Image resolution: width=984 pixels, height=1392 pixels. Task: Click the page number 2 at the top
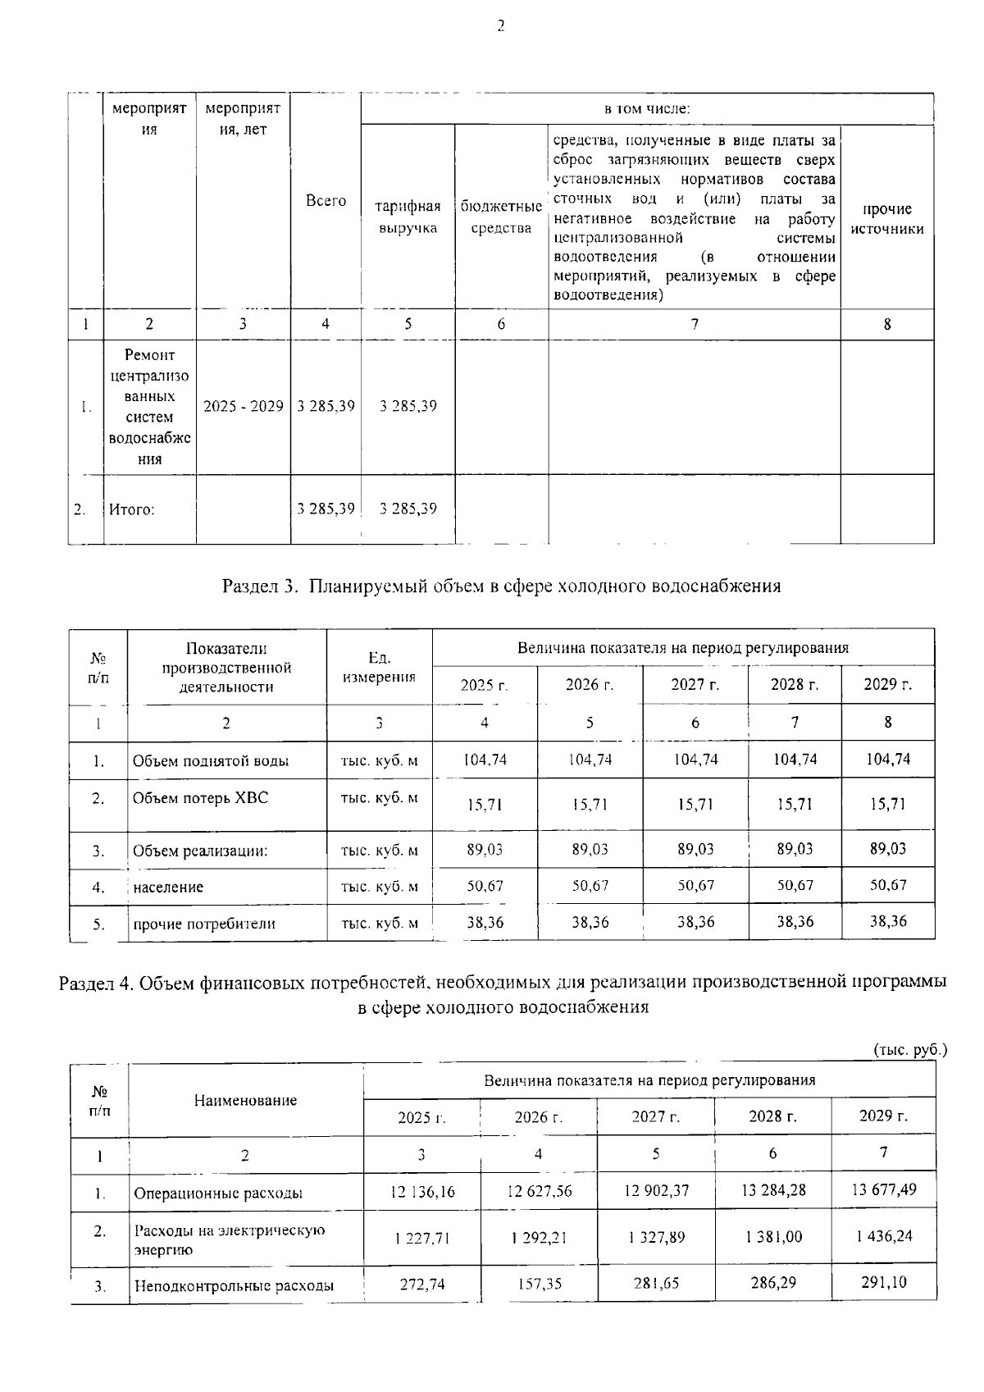pos(500,26)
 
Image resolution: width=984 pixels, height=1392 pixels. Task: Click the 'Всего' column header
pos(326,201)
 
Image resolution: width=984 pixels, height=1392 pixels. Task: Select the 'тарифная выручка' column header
pos(408,217)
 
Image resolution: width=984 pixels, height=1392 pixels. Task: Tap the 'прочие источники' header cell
pos(887,219)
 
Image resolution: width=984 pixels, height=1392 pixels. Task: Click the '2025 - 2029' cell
pos(243,407)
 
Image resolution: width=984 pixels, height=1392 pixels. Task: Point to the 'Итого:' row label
pos(132,509)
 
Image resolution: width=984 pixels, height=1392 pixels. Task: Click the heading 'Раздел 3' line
pos(501,586)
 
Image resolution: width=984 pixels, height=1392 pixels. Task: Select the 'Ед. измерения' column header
pos(379,668)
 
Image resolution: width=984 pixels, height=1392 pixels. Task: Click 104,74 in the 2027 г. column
pos(695,760)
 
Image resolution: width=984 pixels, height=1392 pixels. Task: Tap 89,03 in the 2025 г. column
pos(485,850)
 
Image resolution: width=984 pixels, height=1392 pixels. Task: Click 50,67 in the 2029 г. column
pos(888,885)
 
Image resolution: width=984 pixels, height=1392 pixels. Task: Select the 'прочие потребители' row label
pos(204,924)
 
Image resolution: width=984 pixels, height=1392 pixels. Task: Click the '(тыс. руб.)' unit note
pos(910,1050)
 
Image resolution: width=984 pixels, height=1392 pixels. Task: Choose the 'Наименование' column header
pos(245,1101)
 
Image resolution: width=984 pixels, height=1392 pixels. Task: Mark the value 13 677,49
pos(883,1189)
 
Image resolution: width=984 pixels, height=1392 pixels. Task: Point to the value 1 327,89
pos(656,1237)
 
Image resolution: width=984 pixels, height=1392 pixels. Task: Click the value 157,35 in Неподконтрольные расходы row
pos(539,1283)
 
